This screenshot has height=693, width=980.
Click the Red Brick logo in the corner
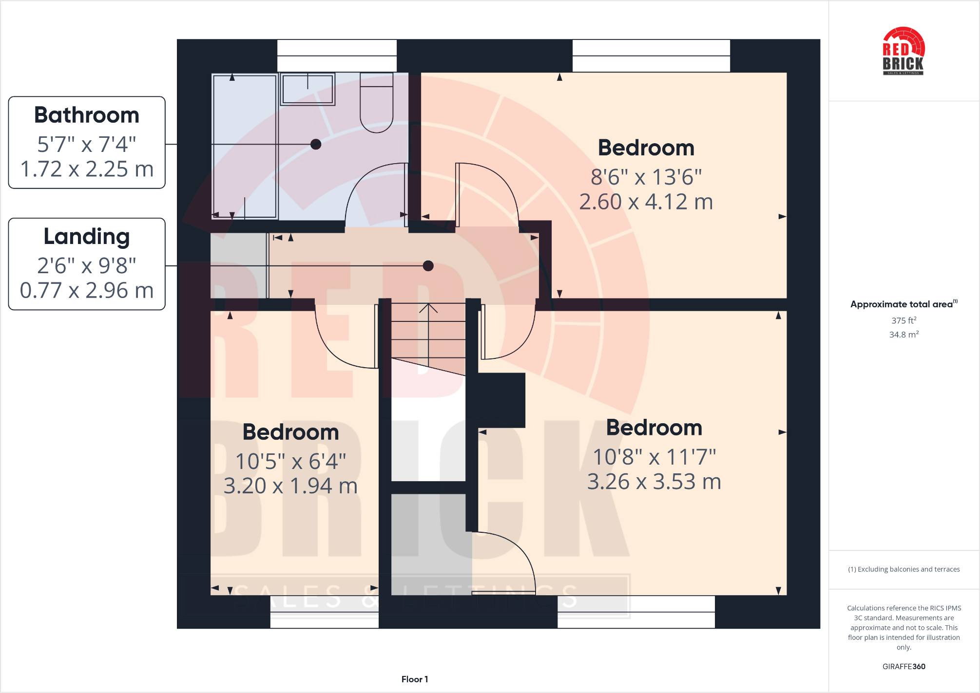903,52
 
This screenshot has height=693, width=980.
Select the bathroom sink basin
307,89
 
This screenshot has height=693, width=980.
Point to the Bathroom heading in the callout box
87,115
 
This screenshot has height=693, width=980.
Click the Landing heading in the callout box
87,237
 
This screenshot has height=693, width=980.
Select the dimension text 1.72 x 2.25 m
87,169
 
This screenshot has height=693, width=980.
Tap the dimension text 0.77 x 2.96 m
87,290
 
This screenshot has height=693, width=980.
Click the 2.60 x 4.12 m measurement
646,202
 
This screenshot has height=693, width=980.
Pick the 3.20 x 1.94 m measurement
290,486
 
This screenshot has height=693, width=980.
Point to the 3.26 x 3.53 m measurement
654,482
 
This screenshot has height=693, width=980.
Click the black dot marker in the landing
428,266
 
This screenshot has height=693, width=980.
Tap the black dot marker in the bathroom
316,144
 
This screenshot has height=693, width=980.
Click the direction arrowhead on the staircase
428,307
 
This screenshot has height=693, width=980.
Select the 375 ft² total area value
903,320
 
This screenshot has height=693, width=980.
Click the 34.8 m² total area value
903,335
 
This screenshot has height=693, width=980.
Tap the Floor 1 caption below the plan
415,679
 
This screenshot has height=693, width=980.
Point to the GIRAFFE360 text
903,667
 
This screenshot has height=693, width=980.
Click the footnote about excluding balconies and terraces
903,569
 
